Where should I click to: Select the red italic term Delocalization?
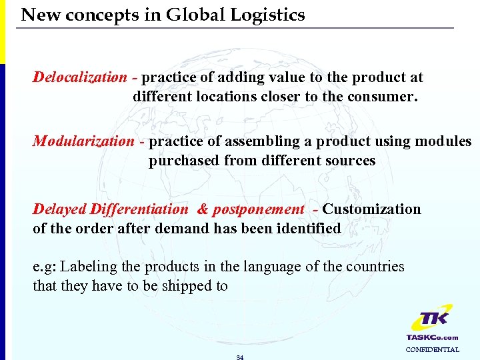[x=79, y=77]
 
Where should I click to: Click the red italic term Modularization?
[x=83, y=141]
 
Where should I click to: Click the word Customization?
[x=372, y=209]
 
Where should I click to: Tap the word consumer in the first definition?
[x=387, y=96]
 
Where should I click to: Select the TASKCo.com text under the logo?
[x=432, y=337]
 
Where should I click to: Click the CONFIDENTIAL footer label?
[x=432, y=349]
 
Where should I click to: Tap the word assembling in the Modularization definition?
[x=257, y=141]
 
